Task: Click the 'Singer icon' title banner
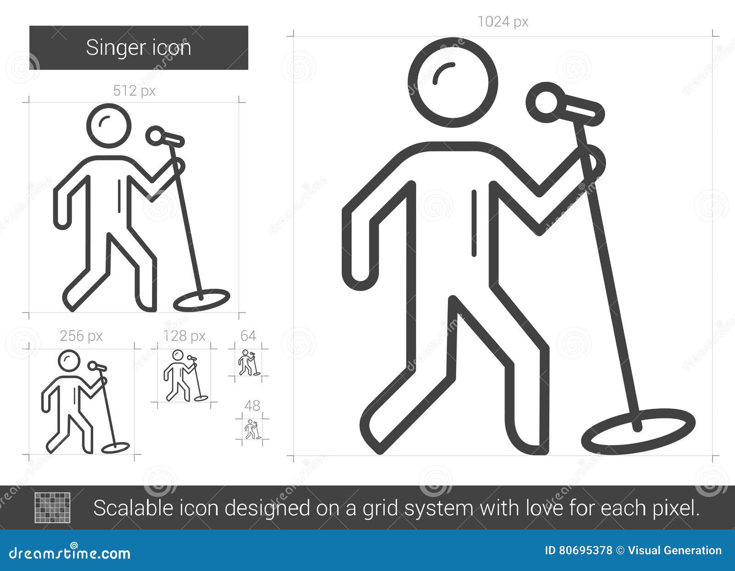point(138,48)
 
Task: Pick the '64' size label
point(248,336)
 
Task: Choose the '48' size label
point(252,406)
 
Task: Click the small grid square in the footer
point(53,508)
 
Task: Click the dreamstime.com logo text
point(70,553)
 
